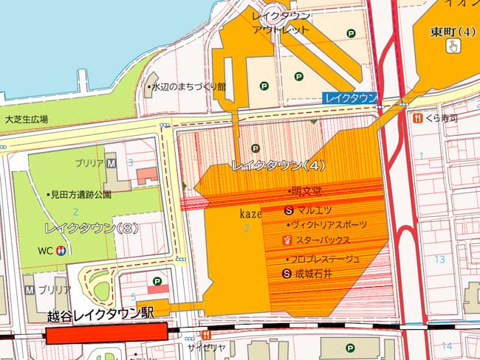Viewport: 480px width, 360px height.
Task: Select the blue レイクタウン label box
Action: pyautogui.click(x=350, y=98)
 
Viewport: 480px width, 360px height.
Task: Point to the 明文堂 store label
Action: pyautogui.click(x=306, y=191)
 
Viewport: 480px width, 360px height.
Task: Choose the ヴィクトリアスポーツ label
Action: pyautogui.click(x=329, y=224)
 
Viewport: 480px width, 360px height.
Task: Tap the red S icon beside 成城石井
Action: pyautogui.click(x=287, y=274)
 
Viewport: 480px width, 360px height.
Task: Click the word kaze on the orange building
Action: pyautogui.click(x=250, y=213)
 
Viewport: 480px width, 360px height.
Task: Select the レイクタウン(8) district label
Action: pyautogui.click(x=82, y=228)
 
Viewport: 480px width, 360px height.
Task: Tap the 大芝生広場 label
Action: pyautogui.click(x=26, y=119)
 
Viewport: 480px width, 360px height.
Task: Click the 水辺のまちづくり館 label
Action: pyautogui.click(x=190, y=87)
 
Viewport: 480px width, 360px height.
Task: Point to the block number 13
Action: pyautogui.click(x=440, y=259)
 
